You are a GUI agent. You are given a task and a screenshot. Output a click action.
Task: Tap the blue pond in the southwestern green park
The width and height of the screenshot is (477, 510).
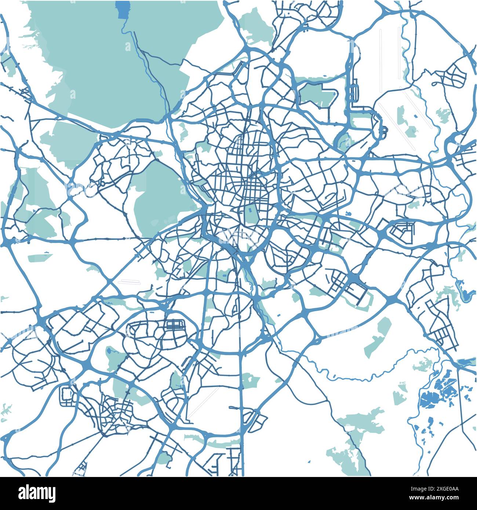click(110, 353)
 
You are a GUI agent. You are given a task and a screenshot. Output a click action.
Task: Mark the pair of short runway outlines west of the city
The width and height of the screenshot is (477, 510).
click(129, 282)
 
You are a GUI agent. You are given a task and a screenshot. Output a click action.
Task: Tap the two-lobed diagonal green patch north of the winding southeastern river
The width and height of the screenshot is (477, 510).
click(378, 338)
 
